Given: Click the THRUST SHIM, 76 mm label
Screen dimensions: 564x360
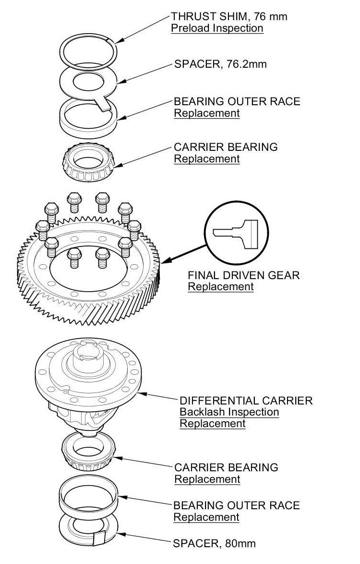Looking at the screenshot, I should coord(228,16).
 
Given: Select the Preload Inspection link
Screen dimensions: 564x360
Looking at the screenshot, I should coord(217,28).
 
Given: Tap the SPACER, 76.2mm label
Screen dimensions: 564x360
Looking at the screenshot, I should coord(220,64).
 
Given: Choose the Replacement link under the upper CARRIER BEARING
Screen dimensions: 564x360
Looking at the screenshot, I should coord(206,159).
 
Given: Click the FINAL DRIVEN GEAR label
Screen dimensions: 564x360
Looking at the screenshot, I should coord(243,275).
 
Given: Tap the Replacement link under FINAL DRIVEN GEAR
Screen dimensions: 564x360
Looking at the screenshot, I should coord(220,287).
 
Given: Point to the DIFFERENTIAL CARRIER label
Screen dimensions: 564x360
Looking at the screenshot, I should coord(246,400).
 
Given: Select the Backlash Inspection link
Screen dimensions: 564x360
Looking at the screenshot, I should coord(229,412).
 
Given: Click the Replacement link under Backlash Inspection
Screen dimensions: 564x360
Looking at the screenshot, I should coord(212,423).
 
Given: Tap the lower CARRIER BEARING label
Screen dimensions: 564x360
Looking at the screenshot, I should coord(226,467).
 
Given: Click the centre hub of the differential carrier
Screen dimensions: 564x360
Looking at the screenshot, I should coord(89,358).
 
